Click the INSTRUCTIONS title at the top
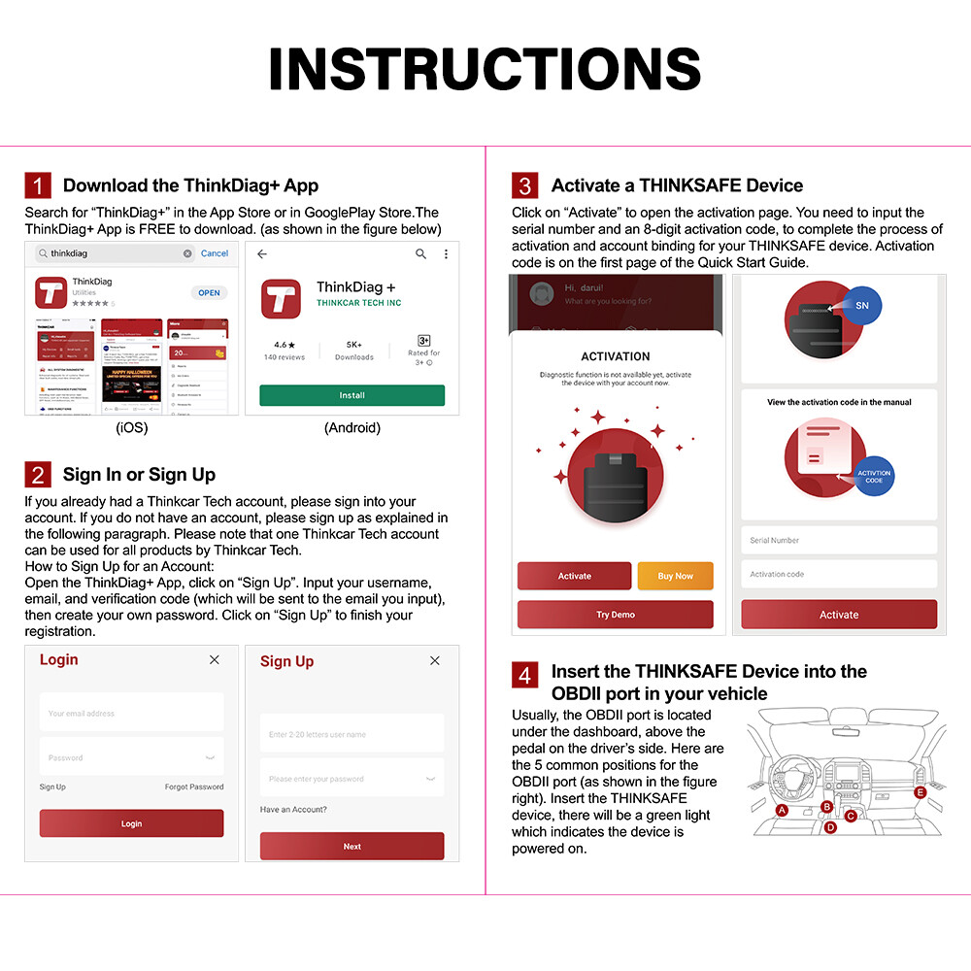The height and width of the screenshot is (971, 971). click(485, 70)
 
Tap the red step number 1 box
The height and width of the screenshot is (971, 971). click(38, 185)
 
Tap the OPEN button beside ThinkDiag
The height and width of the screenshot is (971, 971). click(209, 292)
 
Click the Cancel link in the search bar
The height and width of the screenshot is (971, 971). click(214, 253)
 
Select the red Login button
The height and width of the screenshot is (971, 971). click(131, 823)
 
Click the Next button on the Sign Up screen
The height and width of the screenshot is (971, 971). click(352, 846)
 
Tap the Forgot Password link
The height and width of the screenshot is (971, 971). click(193, 787)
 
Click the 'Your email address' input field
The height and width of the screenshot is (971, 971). click(131, 713)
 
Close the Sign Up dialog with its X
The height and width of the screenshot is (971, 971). click(434, 660)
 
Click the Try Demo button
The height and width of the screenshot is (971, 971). click(616, 615)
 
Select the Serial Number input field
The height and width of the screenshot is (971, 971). click(839, 540)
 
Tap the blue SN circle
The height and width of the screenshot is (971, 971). click(861, 305)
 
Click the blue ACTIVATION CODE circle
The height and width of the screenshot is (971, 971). click(873, 477)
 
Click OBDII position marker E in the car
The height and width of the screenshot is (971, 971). click(921, 792)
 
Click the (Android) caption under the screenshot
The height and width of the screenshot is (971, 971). click(352, 427)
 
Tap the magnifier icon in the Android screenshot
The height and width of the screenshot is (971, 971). click(420, 253)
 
